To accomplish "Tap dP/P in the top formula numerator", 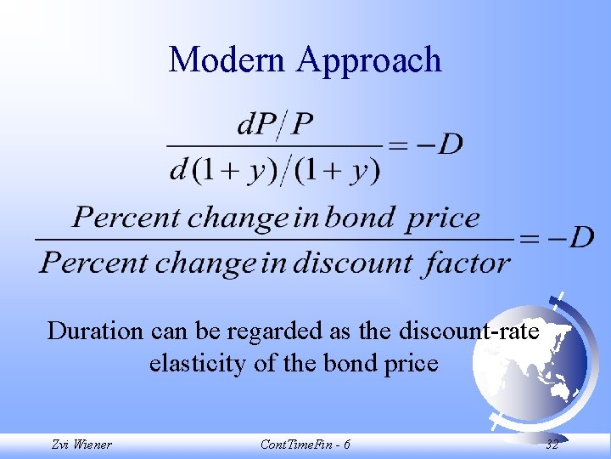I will coord(274,127).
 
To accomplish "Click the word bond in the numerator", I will coord(360,218).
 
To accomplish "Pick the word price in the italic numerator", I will coord(444,218).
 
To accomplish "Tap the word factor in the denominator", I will coord(468,263).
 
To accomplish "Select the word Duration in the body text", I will coord(90,330).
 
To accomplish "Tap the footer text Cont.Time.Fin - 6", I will coord(305,445).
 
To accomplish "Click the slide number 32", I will coord(552,445).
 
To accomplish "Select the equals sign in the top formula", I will coord(397,145).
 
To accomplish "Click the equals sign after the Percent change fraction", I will coord(529,238).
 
